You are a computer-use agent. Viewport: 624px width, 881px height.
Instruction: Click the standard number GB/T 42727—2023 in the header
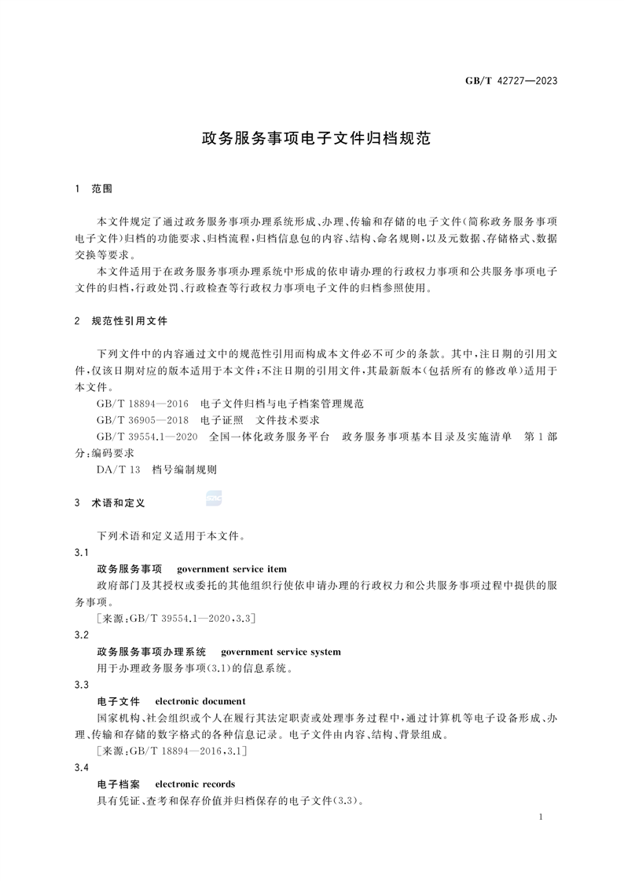[x=515, y=80]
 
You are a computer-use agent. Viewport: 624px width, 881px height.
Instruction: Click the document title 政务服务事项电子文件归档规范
[x=312, y=140]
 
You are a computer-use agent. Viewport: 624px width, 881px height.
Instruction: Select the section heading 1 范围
[x=94, y=189]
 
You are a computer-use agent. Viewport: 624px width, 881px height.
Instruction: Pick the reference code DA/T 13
[x=118, y=470]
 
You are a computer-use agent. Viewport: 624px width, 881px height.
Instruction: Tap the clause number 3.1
[x=80, y=553]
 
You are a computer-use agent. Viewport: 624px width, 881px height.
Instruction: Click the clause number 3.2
[x=80, y=634]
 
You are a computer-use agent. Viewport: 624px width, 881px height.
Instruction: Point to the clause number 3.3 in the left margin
[x=80, y=685]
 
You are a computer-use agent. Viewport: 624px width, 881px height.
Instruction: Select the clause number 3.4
[x=80, y=767]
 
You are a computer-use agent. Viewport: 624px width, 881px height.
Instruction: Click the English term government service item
[x=232, y=568]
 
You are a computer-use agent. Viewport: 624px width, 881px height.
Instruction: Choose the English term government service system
[x=281, y=652]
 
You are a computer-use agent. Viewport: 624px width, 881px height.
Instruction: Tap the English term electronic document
[x=200, y=701]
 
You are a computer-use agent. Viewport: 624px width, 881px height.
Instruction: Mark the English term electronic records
[x=195, y=784]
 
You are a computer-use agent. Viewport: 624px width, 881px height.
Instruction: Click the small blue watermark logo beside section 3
[x=214, y=497]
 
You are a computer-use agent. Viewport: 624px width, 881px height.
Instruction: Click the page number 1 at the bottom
[x=543, y=817]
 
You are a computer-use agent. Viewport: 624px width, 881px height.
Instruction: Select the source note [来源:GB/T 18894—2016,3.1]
[x=172, y=751]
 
